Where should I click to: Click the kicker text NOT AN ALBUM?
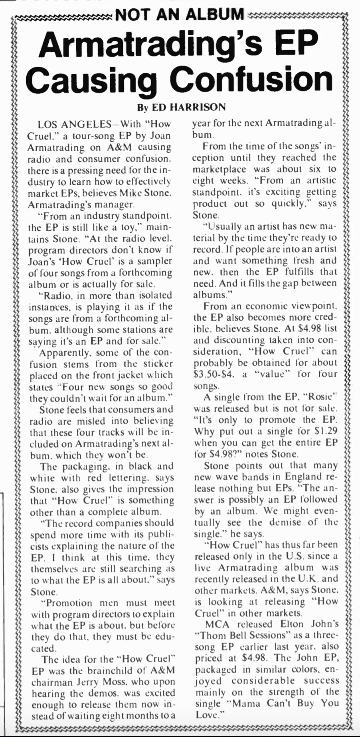point(179,15)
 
